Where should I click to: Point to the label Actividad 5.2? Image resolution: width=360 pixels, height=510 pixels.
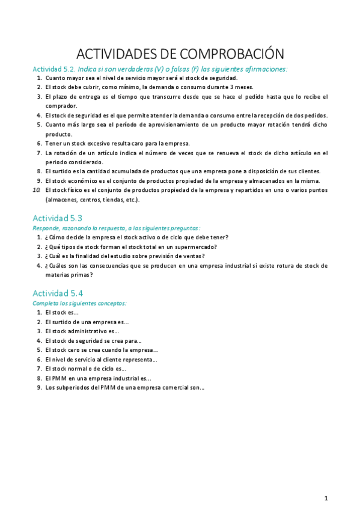click(x=53, y=69)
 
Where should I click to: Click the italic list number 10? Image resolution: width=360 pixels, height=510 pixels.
click(x=37, y=190)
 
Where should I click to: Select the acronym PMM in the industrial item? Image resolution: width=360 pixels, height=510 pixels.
click(x=61, y=378)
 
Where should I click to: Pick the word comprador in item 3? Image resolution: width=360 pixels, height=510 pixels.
click(x=61, y=106)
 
